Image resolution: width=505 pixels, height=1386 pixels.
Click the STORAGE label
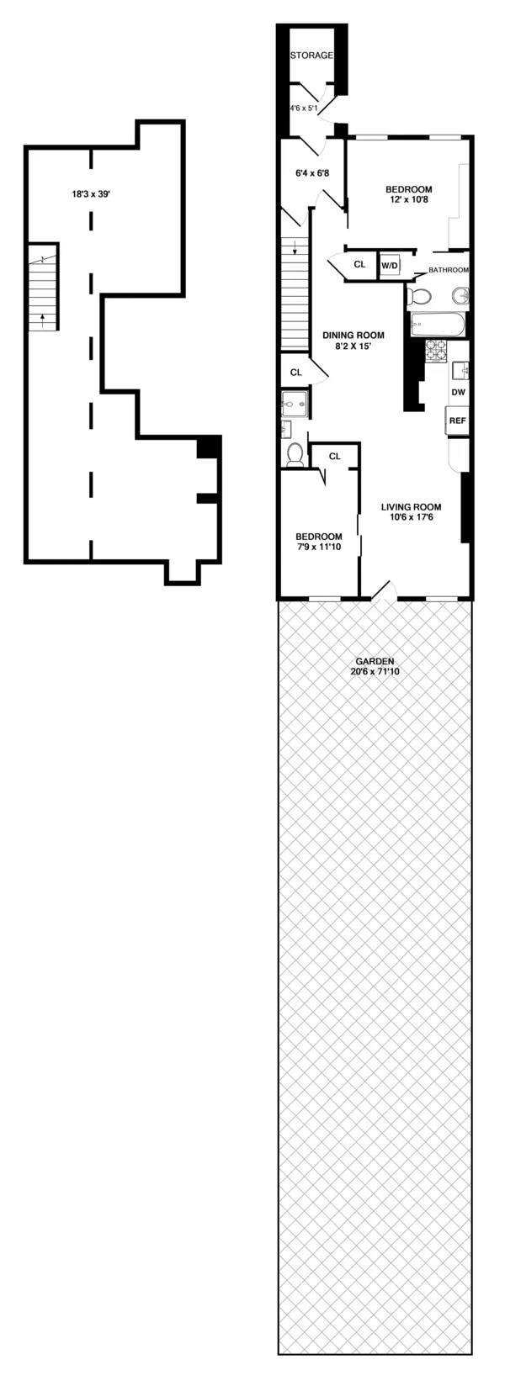[312, 56]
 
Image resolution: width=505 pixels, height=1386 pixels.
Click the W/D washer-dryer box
[390, 265]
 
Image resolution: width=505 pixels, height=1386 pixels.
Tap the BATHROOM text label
[448, 270]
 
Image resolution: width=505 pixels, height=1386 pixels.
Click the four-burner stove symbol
[436, 351]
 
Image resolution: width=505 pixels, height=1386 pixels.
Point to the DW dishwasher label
[458, 392]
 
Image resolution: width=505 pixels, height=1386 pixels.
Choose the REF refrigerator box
[457, 421]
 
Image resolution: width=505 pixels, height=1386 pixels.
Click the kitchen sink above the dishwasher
[460, 369]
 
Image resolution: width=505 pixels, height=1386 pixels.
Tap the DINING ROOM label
[353, 335]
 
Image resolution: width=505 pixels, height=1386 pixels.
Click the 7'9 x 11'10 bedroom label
[318, 542]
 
